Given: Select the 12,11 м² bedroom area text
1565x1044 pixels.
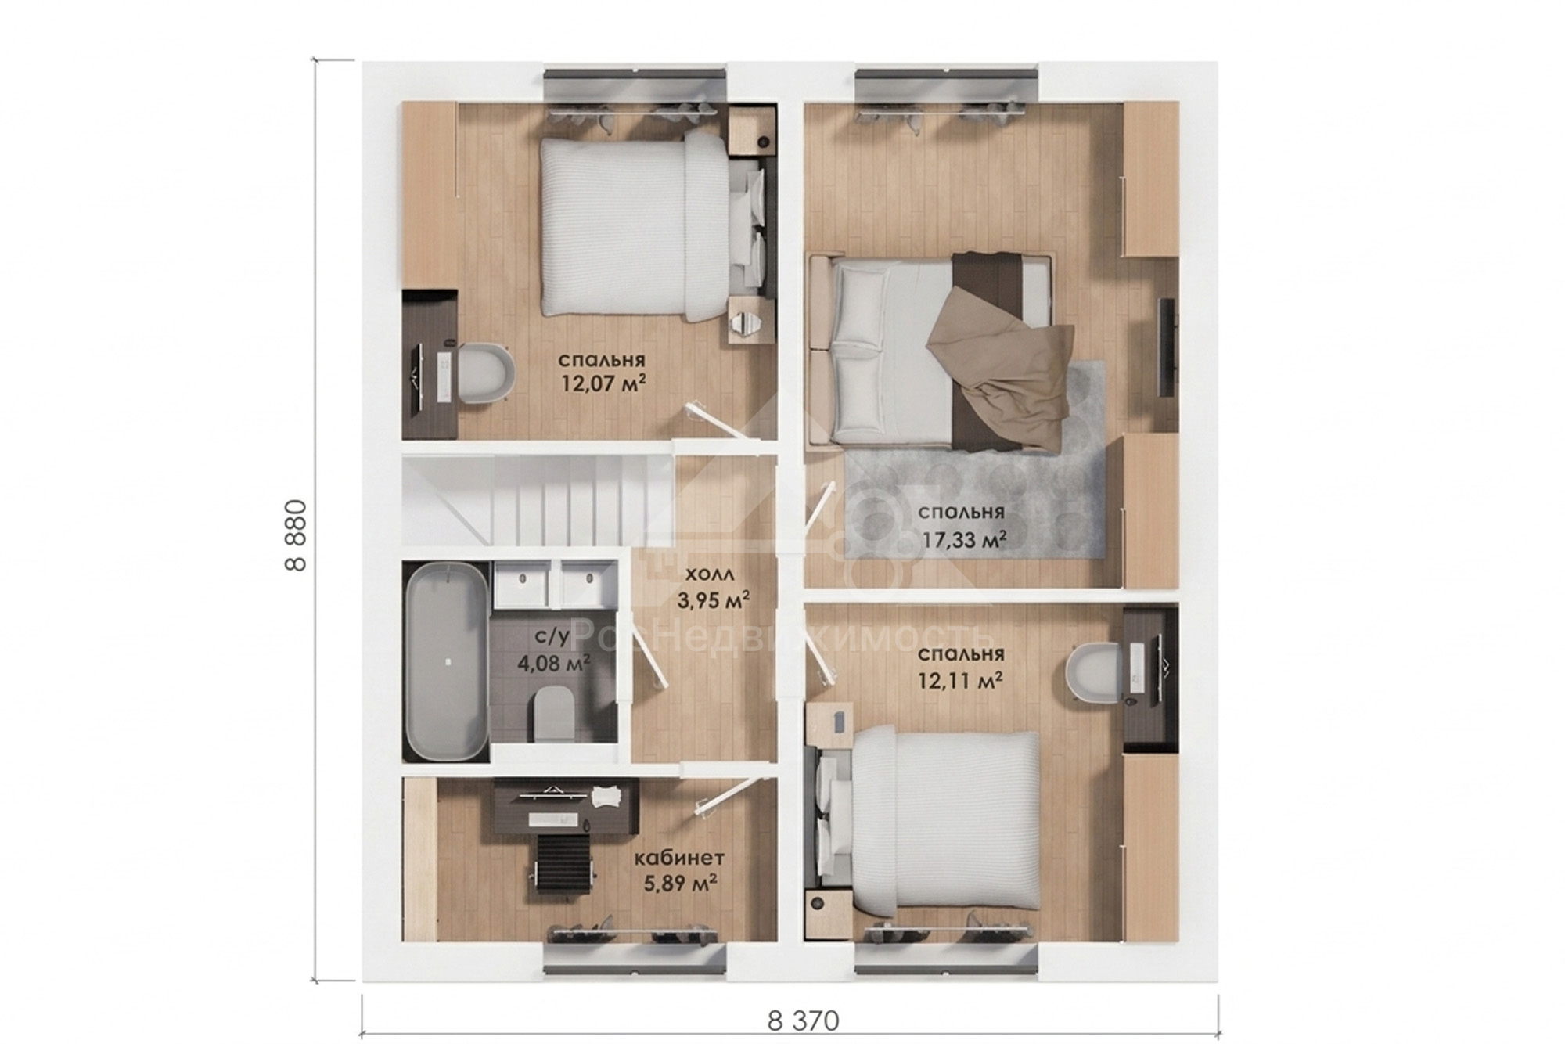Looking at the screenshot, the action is click(961, 681).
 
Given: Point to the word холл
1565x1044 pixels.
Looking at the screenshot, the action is click(710, 575).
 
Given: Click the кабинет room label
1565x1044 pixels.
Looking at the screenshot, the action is click(679, 859).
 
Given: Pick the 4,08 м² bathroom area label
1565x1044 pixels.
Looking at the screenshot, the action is click(553, 664).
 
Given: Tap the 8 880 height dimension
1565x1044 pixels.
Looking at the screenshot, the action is click(297, 535).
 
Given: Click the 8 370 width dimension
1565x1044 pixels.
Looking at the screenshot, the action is click(803, 1021).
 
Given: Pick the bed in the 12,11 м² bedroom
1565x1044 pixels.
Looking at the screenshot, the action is click(927, 821).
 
